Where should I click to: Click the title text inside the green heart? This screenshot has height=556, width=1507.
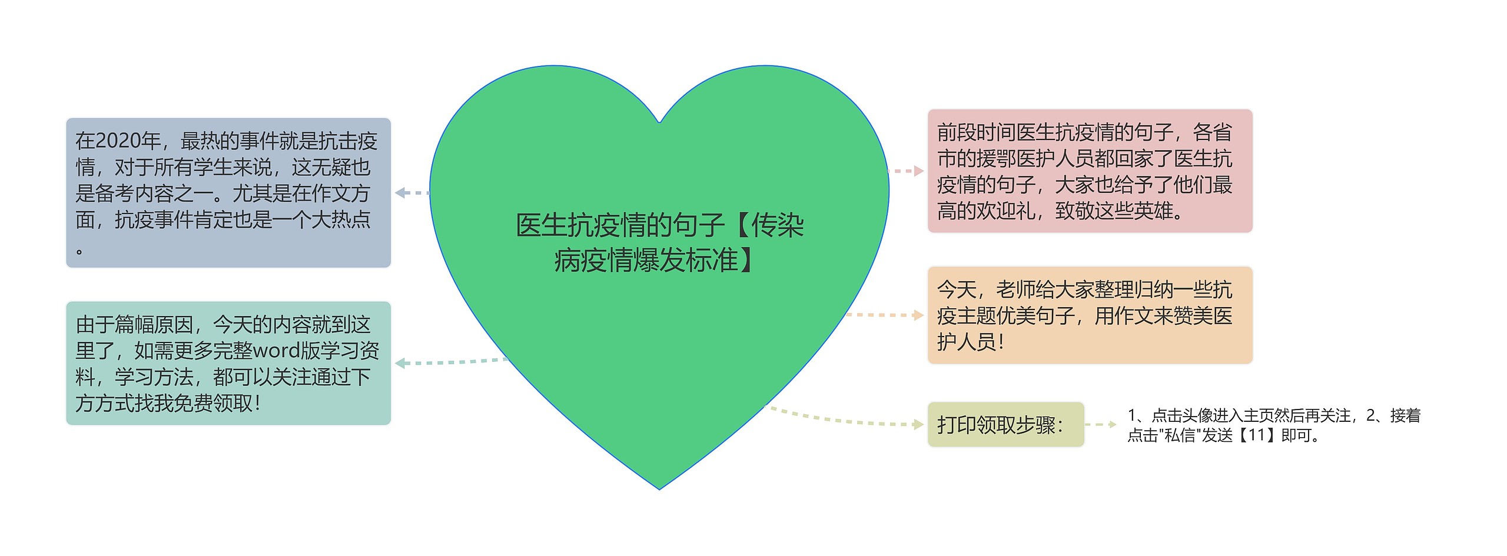point(659,242)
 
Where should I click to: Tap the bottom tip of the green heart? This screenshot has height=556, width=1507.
point(659,487)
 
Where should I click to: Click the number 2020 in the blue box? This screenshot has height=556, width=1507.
point(127,141)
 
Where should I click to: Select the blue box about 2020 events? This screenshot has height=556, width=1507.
point(228,192)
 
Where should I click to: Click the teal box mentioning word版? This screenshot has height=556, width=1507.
point(228,363)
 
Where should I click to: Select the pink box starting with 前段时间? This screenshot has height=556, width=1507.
point(1090,171)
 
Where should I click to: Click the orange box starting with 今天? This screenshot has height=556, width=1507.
point(1090,315)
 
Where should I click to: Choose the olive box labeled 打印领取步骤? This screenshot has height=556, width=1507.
point(1005,424)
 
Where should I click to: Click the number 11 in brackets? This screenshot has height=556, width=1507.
point(1256,435)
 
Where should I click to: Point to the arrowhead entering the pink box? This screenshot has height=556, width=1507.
point(918,171)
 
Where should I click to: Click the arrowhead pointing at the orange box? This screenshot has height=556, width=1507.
point(918,315)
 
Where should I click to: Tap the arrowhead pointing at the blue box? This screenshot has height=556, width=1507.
point(400,192)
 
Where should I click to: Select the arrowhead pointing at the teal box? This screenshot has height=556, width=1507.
point(400,363)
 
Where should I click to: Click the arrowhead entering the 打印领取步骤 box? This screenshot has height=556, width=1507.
point(918,424)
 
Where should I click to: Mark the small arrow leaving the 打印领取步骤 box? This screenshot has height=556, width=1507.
point(1111,424)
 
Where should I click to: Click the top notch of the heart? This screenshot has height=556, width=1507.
point(659,122)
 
